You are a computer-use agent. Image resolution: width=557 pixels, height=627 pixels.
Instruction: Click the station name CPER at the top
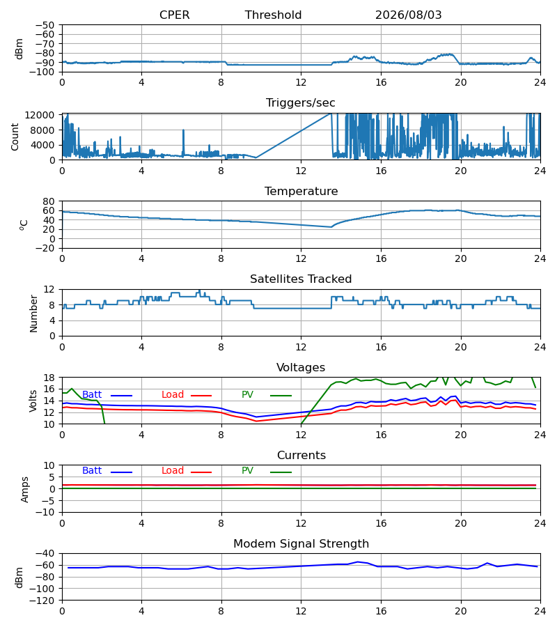(174, 15)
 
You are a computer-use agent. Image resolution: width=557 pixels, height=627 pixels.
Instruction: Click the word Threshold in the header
(273, 15)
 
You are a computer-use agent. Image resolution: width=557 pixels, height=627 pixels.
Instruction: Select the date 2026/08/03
(408, 15)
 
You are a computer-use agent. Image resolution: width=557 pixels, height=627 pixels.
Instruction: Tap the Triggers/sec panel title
(301, 103)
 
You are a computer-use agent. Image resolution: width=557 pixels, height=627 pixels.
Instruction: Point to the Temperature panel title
(301, 191)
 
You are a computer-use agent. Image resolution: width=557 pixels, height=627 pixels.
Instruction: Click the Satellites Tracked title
(301, 279)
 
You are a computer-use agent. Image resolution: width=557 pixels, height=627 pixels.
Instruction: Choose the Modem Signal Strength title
(301, 544)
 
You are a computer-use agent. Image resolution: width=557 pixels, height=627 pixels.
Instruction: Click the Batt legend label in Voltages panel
(92, 395)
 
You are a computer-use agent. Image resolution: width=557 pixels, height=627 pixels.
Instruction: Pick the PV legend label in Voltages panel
(247, 395)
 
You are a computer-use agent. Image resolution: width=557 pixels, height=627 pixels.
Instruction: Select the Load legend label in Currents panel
(172, 471)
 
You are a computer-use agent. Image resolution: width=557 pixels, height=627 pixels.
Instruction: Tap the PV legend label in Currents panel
(247, 471)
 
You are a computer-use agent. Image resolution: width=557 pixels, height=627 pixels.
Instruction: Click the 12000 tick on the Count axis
(39, 115)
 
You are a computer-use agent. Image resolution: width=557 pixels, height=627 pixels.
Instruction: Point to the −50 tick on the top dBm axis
(45, 25)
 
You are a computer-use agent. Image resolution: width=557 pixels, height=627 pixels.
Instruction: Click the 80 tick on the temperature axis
(48, 201)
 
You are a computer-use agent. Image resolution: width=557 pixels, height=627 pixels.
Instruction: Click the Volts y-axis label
(33, 401)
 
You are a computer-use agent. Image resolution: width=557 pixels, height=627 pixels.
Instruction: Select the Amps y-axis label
(25, 489)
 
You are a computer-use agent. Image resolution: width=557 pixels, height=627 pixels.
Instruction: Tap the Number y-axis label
(33, 313)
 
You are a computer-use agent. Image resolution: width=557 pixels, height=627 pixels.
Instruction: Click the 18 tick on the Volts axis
(48, 378)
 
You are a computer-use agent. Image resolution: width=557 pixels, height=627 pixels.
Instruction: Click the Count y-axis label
(15, 137)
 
